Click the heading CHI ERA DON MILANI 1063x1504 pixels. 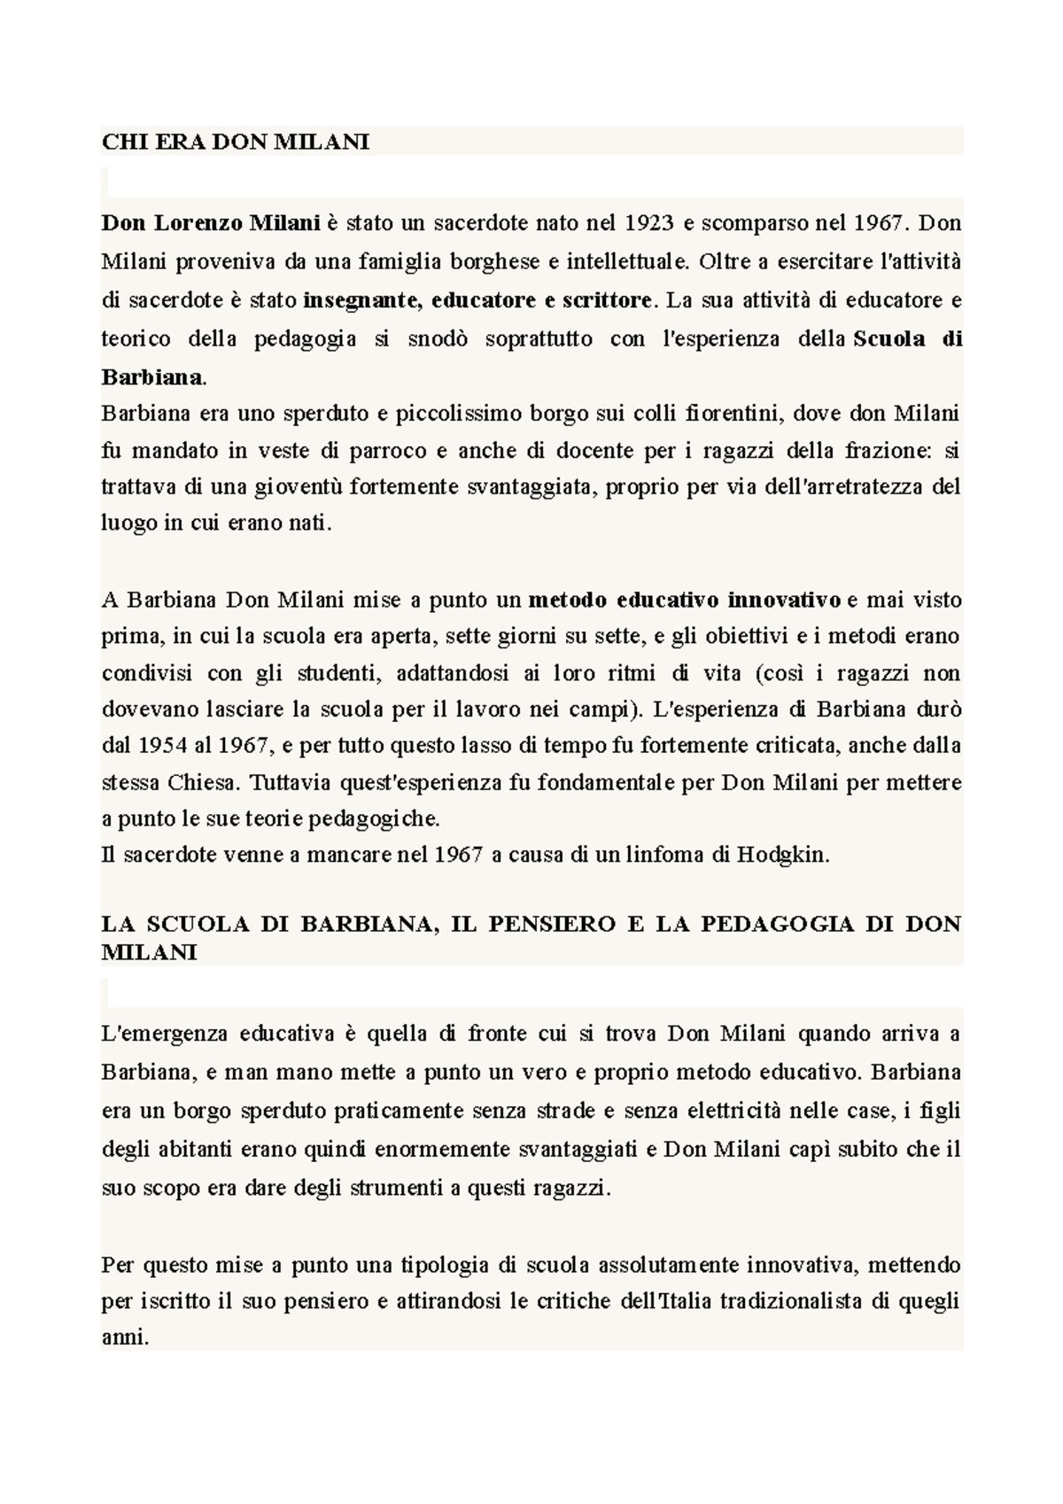point(236,143)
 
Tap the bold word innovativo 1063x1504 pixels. point(784,601)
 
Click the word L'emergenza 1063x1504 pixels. point(164,1034)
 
